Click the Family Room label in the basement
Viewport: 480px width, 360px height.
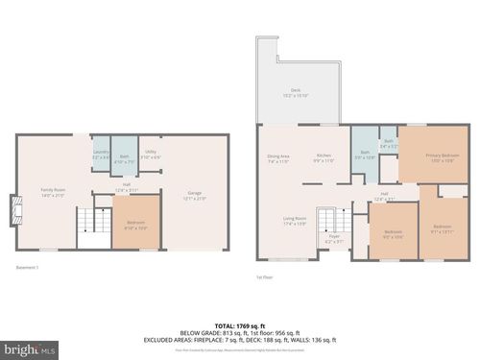coord(52,193)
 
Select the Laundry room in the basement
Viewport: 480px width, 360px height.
coord(101,154)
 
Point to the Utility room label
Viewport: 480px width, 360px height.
coord(150,156)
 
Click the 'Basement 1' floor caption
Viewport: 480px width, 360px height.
coord(28,266)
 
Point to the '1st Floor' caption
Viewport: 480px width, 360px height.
coord(265,277)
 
